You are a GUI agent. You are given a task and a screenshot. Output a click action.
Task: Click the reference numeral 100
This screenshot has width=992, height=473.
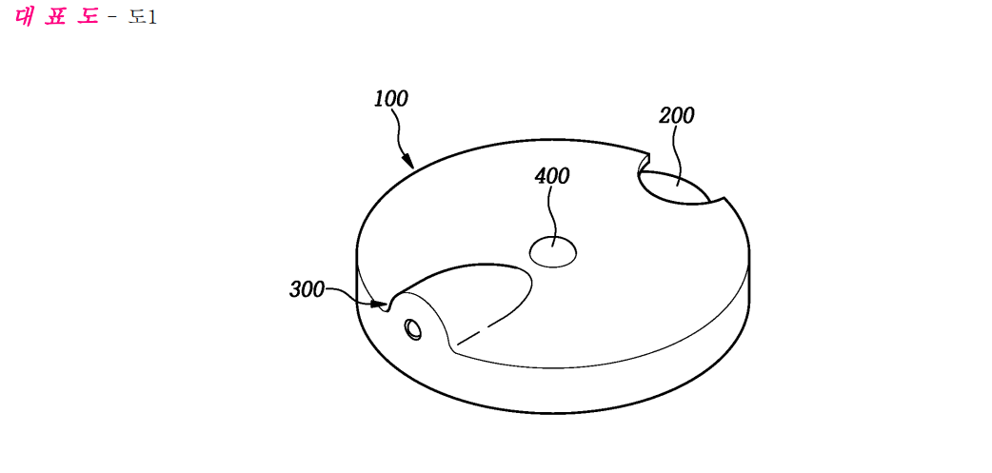[x=391, y=99]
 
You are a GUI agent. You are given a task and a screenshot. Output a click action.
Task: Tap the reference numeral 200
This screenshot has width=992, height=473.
[x=676, y=116]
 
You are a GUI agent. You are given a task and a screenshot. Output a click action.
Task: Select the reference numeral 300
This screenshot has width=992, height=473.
[x=307, y=289]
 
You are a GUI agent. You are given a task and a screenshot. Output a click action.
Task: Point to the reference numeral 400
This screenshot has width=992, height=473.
[x=551, y=176]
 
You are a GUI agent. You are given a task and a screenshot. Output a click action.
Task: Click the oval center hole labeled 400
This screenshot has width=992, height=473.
[x=553, y=252]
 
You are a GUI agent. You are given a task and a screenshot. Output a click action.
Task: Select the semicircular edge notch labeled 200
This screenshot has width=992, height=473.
[x=677, y=187]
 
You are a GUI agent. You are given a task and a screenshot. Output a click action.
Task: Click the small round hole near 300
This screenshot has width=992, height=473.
[x=414, y=329]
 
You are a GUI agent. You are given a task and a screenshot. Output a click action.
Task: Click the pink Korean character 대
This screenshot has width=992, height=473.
[x=24, y=16]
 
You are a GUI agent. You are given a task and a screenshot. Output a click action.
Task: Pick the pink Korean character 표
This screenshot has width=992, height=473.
[x=56, y=16]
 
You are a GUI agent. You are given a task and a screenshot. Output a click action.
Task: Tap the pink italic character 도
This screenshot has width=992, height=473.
[x=88, y=16]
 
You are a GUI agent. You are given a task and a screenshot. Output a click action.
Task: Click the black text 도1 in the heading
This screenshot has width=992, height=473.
[x=143, y=16]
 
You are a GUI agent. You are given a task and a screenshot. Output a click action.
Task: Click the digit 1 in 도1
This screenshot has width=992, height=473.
[x=151, y=17]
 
